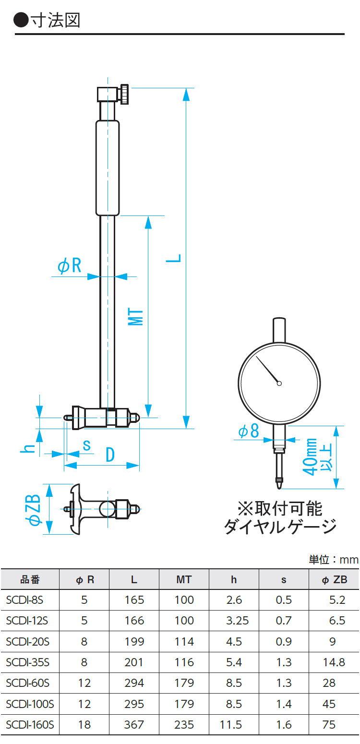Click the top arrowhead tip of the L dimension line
[186, 88]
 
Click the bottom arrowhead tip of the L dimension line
[186, 429]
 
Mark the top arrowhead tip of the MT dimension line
[148, 216]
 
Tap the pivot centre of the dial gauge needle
[279, 384]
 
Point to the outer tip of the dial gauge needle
[256, 356]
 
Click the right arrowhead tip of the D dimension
[139, 465]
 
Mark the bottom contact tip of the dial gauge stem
[279, 489]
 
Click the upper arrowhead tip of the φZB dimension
[49, 484]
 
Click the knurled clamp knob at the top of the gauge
[124, 95]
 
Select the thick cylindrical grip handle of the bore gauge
[108, 168]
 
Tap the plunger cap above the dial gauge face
[279, 330]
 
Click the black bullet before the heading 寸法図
[21, 20]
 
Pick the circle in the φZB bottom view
[107, 509]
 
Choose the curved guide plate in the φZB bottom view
[76, 509]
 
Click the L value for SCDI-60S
[134, 683]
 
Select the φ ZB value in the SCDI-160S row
[329, 724]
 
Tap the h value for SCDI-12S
[237, 621]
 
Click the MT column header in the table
[184, 579]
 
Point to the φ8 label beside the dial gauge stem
[249, 431]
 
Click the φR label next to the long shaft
[70, 265]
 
